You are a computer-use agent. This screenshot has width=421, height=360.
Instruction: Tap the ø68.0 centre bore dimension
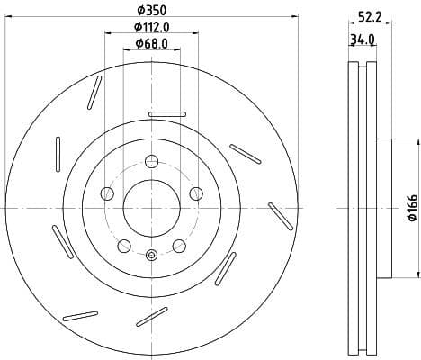150,43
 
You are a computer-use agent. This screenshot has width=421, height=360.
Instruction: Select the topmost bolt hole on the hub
151,162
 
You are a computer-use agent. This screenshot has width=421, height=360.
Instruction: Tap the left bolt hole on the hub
107,193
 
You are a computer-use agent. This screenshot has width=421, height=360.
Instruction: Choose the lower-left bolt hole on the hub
124,246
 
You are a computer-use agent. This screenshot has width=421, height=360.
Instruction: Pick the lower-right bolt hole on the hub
178,246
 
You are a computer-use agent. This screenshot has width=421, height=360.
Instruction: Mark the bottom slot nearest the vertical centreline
152,316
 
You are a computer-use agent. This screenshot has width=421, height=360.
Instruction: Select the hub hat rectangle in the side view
384,208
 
